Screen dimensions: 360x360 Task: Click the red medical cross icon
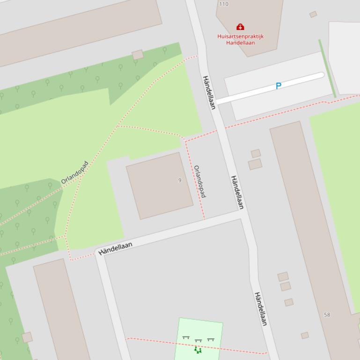point(240,27)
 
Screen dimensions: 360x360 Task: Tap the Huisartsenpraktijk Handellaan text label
point(240,39)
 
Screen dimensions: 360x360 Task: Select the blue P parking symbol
point(279,86)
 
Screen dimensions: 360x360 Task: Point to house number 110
point(224,4)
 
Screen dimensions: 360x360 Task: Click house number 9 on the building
point(180,180)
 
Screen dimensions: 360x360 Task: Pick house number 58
point(327,315)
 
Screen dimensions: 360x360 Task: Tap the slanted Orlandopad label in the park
point(74,173)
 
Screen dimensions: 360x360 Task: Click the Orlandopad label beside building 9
point(200,181)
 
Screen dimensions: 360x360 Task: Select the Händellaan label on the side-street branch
point(115,248)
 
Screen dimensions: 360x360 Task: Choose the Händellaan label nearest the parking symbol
point(209,92)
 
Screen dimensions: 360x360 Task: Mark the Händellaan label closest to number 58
point(260,309)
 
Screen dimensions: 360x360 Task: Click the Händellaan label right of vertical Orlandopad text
point(237,192)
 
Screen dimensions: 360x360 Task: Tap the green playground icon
point(198,349)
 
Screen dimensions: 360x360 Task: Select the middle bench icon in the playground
point(198,341)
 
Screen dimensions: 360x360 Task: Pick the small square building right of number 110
point(313,14)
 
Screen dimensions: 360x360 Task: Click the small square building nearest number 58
point(305,335)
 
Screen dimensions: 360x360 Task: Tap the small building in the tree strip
point(138,55)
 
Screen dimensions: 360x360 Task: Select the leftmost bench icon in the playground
point(186,338)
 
